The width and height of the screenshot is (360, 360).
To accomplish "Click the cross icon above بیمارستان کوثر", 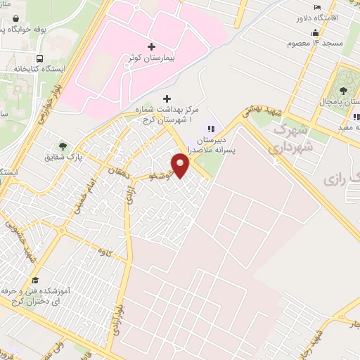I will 152,46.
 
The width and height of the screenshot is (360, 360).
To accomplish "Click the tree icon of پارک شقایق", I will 63,146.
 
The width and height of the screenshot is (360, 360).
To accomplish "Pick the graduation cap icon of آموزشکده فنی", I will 35,279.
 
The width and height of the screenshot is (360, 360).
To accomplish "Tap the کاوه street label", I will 106,251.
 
